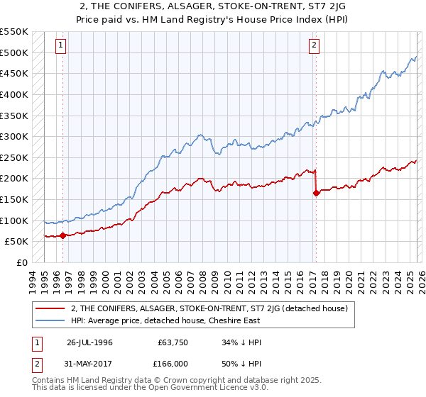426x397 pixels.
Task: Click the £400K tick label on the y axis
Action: coord(13,94)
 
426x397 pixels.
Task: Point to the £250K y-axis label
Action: coord(13,157)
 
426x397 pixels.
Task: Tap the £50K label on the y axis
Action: coord(16,242)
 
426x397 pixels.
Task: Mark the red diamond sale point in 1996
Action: coord(62,235)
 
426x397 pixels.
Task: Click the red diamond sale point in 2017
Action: coord(316,193)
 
